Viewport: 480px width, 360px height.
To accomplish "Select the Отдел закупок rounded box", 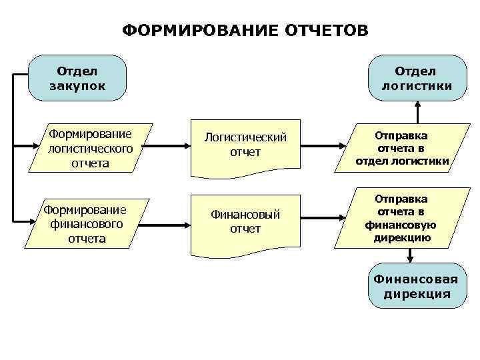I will [x=77, y=78].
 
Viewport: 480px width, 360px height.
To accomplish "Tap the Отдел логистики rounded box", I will [x=417, y=78].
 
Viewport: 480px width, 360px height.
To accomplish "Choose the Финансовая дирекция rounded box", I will [x=417, y=286].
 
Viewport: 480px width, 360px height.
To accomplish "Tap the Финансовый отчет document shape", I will [x=245, y=222].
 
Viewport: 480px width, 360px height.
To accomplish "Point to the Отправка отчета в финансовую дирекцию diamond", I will [x=402, y=217].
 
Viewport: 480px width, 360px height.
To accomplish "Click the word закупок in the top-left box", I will [x=77, y=86].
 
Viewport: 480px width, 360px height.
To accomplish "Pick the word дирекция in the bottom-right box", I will [x=417, y=294].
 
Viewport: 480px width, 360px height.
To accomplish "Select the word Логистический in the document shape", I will [x=245, y=138].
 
